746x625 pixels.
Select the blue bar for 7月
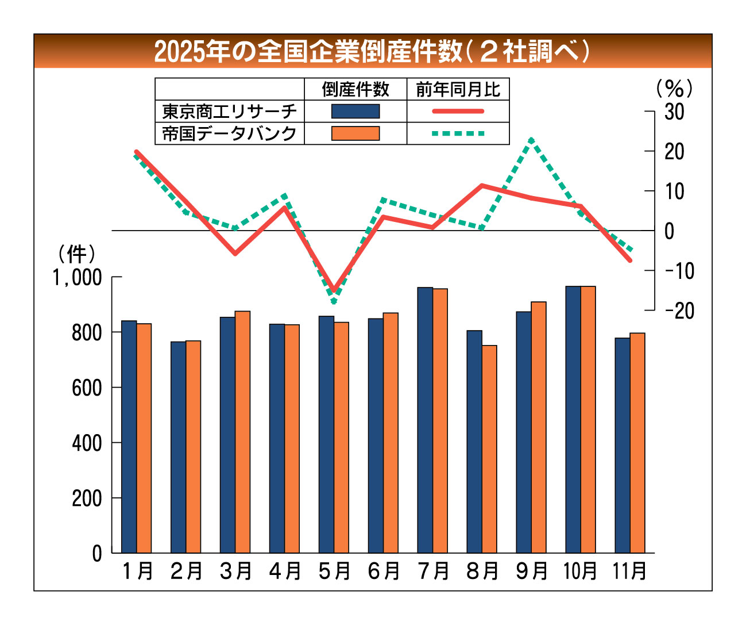[x=425, y=420]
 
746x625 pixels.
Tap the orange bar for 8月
[x=489, y=449]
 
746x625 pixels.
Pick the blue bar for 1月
[x=129, y=436]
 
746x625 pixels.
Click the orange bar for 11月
[x=637, y=443]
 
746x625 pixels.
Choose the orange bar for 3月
[x=242, y=432]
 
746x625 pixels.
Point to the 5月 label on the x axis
[x=334, y=572]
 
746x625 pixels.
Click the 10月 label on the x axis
[x=580, y=572]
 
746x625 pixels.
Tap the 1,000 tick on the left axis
[x=77, y=278]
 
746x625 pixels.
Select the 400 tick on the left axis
[x=87, y=443]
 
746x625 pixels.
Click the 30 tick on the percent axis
[x=674, y=112]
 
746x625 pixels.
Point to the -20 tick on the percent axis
[x=679, y=310]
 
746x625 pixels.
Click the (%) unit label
[x=674, y=88]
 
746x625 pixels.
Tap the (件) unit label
[x=76, y=254]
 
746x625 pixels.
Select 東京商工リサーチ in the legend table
[x=229, y=111]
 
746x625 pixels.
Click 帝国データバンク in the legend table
[x=229, y=133]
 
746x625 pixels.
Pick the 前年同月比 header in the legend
[x=458, y=89]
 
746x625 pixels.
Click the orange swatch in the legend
[x=355, y=133]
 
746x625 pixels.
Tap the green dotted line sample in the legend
[x=458, y=133]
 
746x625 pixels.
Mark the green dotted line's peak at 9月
[x=532, y=140]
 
